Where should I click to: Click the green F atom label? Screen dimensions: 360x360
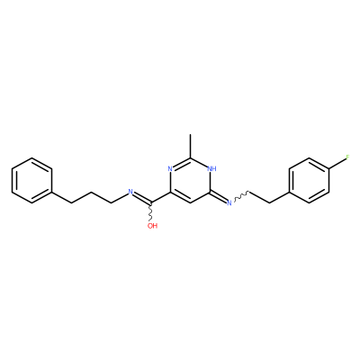point(348,157)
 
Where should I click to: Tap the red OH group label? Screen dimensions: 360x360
point(152,226)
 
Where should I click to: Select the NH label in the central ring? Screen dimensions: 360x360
point(211,168)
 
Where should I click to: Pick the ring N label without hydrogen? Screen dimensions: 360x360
point(170,168)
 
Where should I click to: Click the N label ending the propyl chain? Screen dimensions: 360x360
point(130,192)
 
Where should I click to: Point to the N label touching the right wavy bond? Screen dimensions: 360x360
point(229,203)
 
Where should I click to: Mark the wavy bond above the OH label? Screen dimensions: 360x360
point(150,213)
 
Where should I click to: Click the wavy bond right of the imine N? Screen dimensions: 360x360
point(240,196)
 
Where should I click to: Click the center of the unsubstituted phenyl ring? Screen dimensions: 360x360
point(31,180)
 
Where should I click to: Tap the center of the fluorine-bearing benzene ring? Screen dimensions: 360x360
point(309,180)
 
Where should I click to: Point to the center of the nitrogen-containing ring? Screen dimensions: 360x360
point(190,180)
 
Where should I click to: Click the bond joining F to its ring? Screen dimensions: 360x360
point(337,164)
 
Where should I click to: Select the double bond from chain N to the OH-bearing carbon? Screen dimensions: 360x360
point(142,198)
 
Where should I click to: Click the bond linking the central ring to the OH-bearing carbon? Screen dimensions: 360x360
point(160,198)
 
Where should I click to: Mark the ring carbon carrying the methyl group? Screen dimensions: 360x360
point(190,157)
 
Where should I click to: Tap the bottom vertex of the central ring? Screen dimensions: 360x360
point(190,203)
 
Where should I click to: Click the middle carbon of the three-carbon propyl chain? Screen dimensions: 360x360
point(91,192)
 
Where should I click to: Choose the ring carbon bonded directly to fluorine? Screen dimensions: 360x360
point(329,169)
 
